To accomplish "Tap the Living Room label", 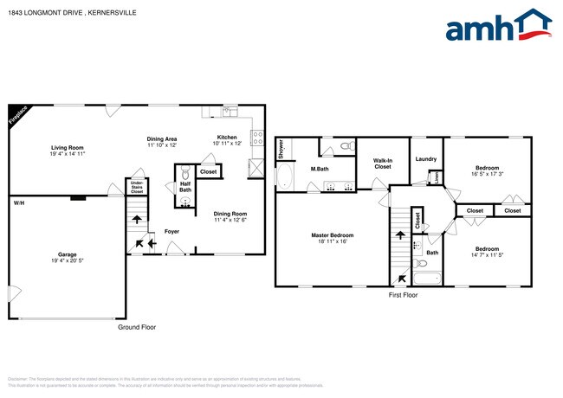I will click(x=66, y=148).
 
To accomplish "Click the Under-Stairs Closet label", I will click(x=137, y=187).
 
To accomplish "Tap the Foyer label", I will click(x=172, y=231).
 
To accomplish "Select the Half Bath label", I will click(x=185, y=187).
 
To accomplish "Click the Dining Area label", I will click(x=162, y=138).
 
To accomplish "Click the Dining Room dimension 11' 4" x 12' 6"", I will click(x=230, y=220).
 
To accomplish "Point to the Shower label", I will click(x=281, y=149).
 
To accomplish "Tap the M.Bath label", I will click(x=318, y=168).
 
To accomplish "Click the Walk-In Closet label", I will click(x=384, y=163).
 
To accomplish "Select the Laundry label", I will click(x=425, y=158).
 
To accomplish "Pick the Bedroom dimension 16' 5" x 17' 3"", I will click(x=486, y=174).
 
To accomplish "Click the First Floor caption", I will click(x=403, y=295).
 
